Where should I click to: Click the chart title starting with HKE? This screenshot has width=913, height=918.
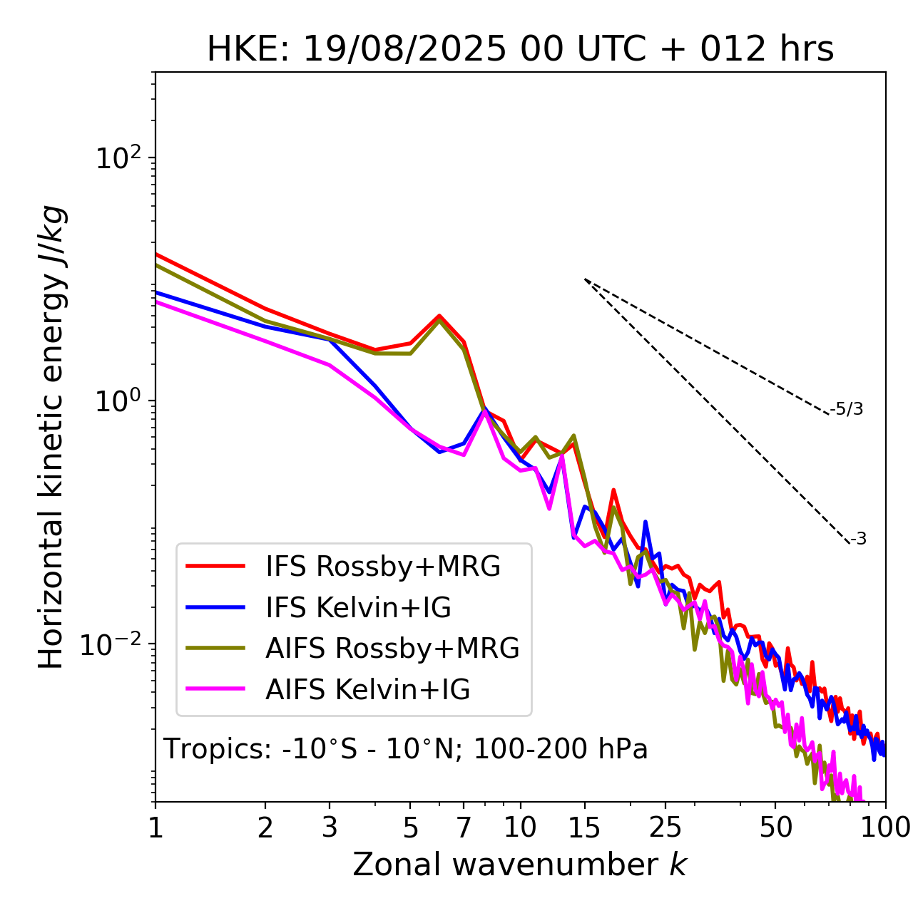tap(520, 50)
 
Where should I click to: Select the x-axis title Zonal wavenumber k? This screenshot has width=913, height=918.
tap(519, 864)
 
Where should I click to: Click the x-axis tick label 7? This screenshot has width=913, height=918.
tap(464, 827)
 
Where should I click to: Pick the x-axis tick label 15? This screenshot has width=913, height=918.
tap(584, 827)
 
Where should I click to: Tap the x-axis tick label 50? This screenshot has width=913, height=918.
tap(775, 827)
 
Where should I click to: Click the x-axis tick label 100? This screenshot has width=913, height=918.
tap(885, 827)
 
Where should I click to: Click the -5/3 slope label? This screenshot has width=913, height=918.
tap(847, 409)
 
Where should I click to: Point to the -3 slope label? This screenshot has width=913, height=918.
tap(858, 540)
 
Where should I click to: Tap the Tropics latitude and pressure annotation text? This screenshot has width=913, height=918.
tap(405, 749)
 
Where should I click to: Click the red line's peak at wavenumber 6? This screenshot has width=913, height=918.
tap(439, 316)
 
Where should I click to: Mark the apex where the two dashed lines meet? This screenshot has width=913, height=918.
tap(585, 279)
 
